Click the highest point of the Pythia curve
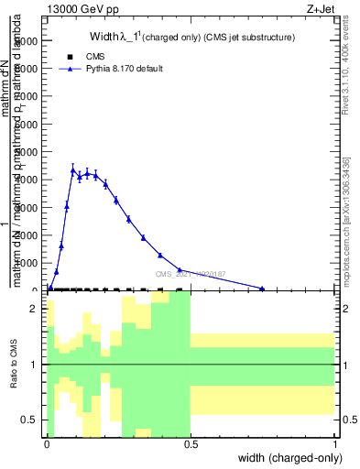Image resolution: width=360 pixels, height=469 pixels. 72,169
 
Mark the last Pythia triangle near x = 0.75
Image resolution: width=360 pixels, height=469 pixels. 263,289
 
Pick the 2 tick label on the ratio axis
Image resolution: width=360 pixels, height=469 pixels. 34,309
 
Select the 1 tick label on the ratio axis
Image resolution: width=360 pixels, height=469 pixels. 34,365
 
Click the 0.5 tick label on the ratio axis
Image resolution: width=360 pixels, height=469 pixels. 30,420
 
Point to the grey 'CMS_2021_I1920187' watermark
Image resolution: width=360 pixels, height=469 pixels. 190,274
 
